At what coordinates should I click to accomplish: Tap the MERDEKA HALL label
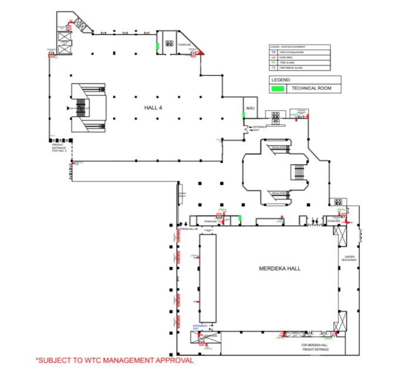click(x=279, y=268)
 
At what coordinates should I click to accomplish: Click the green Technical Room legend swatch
click(x=278, y=89)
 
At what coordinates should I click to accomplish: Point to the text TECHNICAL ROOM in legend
click(x=308, y=89)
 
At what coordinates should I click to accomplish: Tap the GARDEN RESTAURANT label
click(x=350, y=258)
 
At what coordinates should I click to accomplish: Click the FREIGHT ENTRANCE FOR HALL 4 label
click(x=60, y=146)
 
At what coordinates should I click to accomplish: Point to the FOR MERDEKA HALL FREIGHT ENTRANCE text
click(x=315, y=347)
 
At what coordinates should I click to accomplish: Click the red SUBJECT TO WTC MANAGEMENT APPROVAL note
click(x=114, y=360)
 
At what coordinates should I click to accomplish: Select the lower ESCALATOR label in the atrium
click(x=278, y=193)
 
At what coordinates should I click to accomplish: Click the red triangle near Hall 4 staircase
click(x=202, y=52)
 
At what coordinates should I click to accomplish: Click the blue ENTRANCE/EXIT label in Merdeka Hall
click(x=200, y=327)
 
